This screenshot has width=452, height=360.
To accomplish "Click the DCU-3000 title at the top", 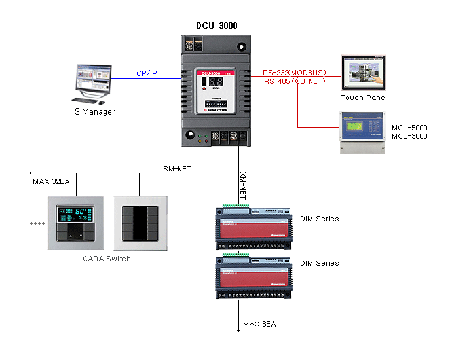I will tap(216, 26).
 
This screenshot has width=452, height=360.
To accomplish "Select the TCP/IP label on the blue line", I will tap(144, 73).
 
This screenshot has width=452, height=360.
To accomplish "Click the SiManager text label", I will tap(94, 112).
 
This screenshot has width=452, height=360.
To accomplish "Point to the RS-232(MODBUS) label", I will tap(295, 73).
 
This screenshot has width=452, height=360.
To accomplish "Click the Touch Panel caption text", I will tap(364, 98).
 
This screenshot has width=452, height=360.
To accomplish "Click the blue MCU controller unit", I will tap(363, 132).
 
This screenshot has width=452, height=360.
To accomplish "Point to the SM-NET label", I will tap(177, 169).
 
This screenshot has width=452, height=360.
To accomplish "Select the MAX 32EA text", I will tap(51, 181).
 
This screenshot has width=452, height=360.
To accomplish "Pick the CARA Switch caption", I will tap(107, 259).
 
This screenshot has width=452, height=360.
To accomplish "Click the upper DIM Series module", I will tap(254, 226).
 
